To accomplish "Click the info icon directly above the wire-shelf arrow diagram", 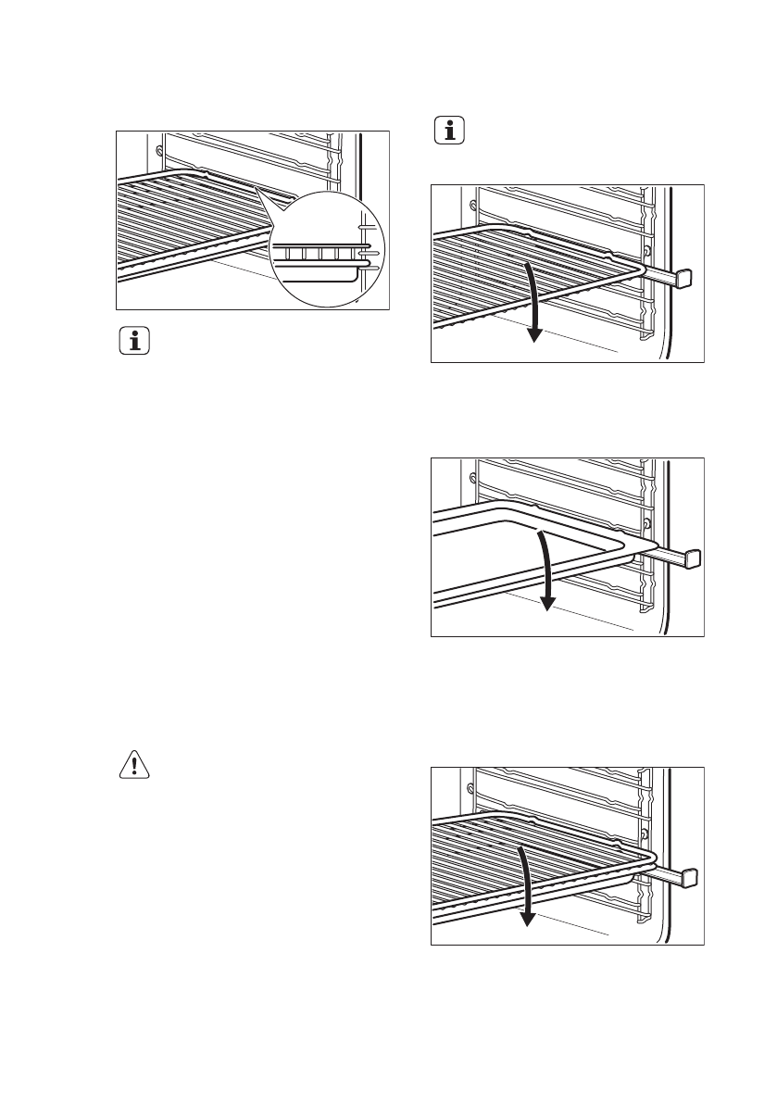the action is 451,132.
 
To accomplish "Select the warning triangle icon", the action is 136,764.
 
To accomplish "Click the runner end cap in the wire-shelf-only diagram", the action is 685,276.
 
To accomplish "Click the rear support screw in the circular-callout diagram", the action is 160,148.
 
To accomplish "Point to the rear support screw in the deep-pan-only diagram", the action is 473,479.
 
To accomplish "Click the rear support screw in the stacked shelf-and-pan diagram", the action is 473,788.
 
